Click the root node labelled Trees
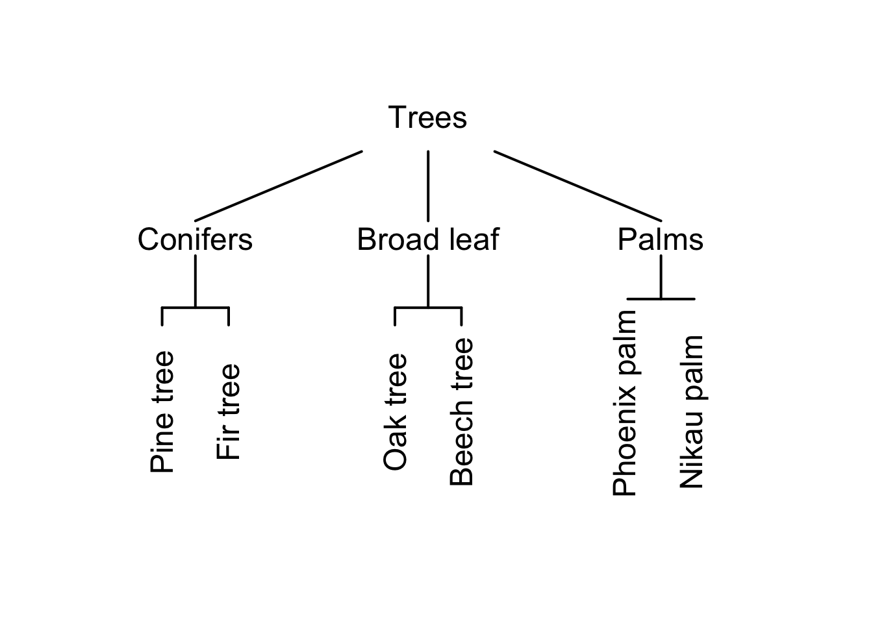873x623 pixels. [427, 118]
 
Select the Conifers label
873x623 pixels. [195, 239]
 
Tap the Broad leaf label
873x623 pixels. [428, 239]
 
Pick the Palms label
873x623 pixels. [660, 239]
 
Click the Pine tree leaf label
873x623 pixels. [162, 412]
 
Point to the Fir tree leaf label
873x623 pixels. [228, 412]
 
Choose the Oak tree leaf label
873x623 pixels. [395, 412]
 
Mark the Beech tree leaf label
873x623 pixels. [461, 412]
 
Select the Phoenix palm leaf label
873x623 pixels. [625, 402]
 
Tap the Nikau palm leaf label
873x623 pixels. [691, 412]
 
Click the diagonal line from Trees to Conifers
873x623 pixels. [279, 186]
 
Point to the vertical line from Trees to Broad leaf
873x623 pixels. [428, 186]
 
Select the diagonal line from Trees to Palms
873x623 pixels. [577, 186]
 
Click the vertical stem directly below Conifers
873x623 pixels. [196, 280]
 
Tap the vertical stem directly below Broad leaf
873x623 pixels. [428, 280]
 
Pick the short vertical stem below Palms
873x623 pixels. [661, 277]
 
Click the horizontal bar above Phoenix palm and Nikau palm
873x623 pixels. [661, 299]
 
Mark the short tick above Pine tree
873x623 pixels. [162, 316]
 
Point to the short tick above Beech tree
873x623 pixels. [461, 316]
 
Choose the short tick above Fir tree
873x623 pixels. [229, 316]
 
